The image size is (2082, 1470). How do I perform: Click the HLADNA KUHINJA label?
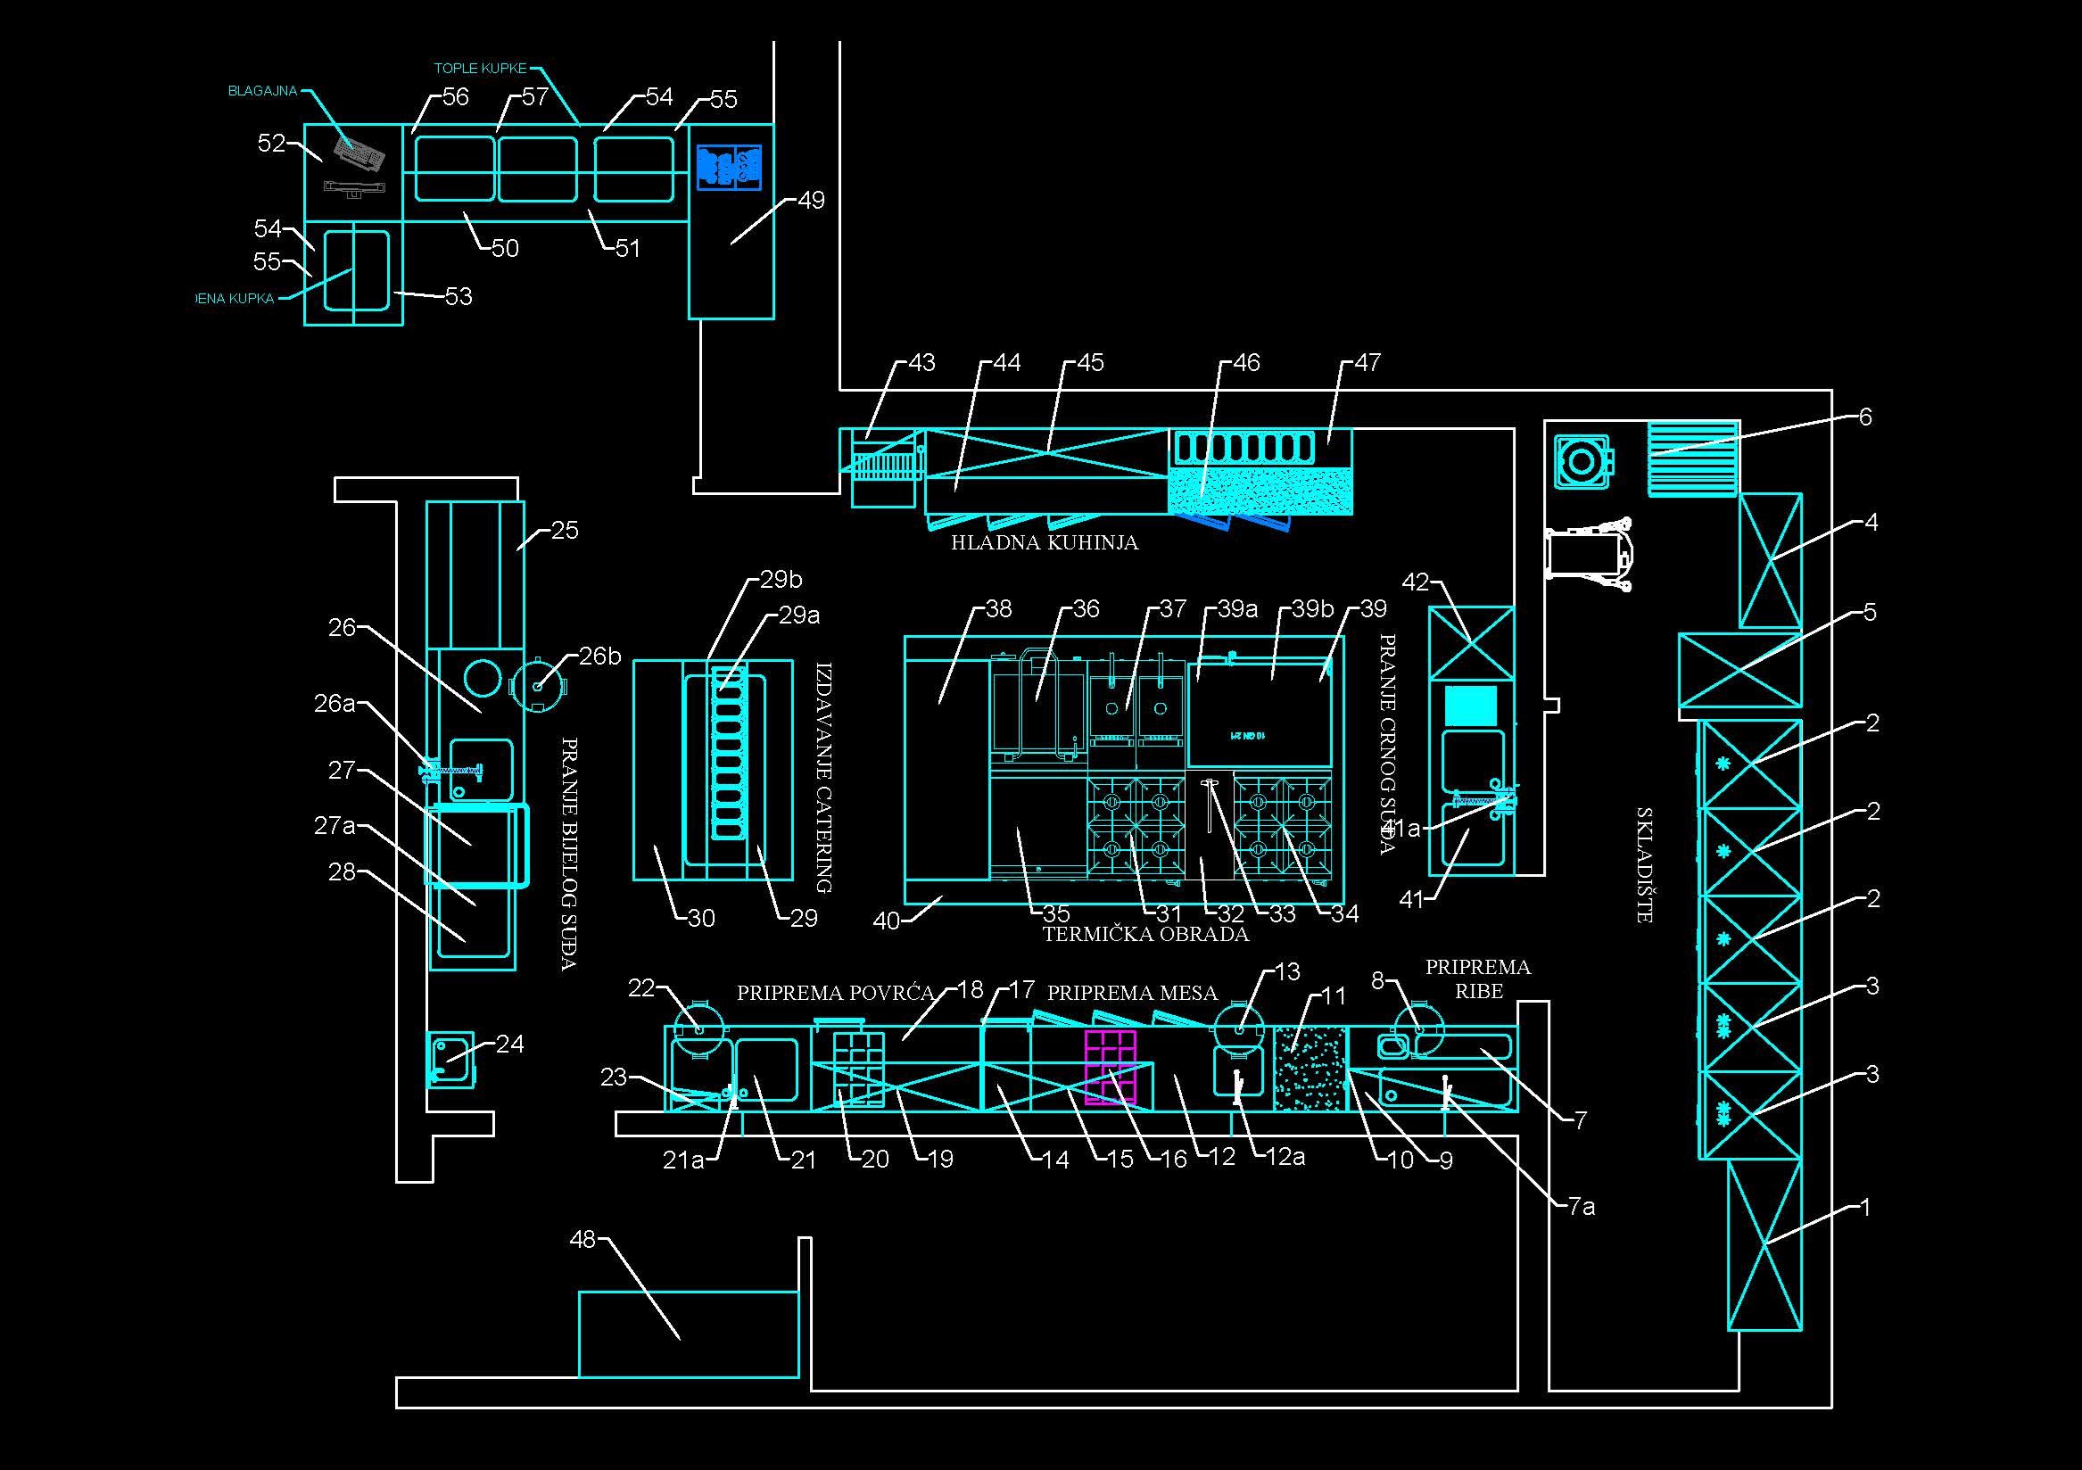pos(1044,542)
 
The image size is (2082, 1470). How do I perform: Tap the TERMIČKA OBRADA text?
pos(1145,934)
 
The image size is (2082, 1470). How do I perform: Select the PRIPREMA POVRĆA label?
pos(834,993)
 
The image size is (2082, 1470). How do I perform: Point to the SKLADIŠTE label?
pos(1644,865)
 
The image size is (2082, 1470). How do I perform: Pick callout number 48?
pos(582,1239)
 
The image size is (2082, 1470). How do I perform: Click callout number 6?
pos(1865,417)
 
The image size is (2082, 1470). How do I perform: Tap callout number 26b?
pos(600,656)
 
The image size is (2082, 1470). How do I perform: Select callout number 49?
pos(811,201)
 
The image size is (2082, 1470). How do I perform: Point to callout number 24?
pos(509,1044)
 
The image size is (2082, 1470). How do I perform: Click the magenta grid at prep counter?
pos(1110,1068)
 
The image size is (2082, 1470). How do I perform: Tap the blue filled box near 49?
pos(728,168)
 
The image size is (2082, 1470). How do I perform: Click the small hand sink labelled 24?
pos(450,1059)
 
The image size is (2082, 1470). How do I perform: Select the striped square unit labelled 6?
pos(1693,458)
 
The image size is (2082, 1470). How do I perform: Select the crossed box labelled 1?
pos(1764,1245)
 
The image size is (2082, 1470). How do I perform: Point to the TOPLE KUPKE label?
pos(480,69)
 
